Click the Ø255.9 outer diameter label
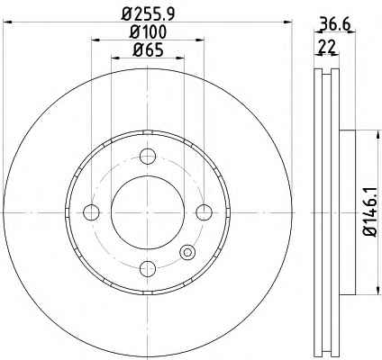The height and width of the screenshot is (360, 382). pyautogui.click(x=148, y=13)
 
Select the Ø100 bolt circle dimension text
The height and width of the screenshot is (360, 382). pyautogui.click(x=148, y=31)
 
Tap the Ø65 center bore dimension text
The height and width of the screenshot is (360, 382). pyautogui.click(x=148, y=49)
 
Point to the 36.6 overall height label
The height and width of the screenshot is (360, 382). pyautogui.click(x=334, y=24)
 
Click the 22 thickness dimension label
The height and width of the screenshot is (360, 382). pyautogui.click(x=327, y=47)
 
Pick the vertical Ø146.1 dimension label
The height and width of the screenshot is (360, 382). pyautogui.click(x=369, y=211)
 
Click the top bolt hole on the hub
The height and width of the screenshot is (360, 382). pyautogui.click(x=148, y=157)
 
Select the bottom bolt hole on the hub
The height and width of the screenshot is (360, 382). pyautogui.click(x=148, y=268)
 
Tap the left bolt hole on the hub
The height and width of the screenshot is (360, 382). pyautogui.click(x=91, y=212)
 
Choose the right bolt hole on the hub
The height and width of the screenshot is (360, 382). pyautogui.click(x=204, y=212)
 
